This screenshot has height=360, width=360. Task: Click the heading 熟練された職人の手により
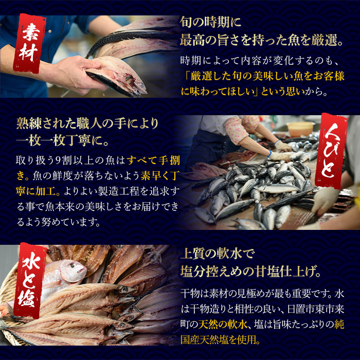click(87, 123)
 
